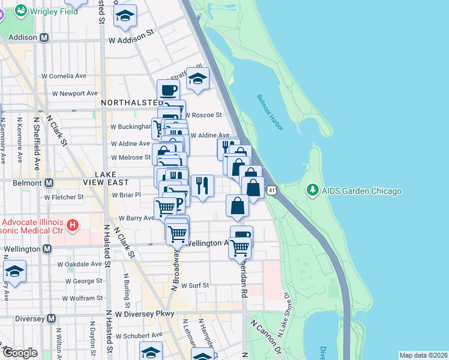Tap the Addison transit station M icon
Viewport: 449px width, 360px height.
[x=44, y=37]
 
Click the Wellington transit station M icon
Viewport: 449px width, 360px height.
[x=46, y=248]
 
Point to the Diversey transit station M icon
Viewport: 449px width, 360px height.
[x=51, y=318]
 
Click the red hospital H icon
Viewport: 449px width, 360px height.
[x=73, y=226]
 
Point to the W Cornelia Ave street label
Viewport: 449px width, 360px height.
[x=64, y=76]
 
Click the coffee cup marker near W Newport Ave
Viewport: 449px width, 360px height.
[x=168, y=91]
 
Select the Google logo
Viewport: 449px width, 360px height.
[x=20, y=353]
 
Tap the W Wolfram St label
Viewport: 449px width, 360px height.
[x=83, y=298]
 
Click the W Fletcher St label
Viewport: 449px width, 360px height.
[x=63, y=197]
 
